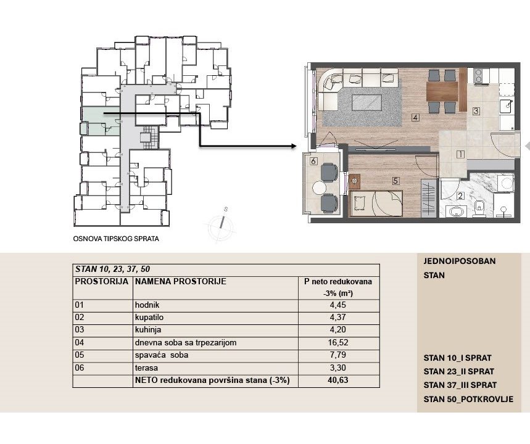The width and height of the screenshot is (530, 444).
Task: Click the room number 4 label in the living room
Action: pos(415,117)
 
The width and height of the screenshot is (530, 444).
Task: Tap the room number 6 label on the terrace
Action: pos(313,161)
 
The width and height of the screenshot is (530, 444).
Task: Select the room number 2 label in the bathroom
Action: pos(460,195)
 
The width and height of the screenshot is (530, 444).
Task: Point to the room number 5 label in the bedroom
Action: pos(396,181)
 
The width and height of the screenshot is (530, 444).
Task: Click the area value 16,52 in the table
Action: pos(338,342)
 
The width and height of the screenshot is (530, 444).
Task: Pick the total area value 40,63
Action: pos(338,380)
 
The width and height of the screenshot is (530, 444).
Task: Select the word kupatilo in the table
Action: pos(149,318)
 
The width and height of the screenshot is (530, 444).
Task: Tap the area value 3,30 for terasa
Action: pos(338,368)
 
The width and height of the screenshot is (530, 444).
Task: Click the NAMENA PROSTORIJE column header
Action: pos(181,281)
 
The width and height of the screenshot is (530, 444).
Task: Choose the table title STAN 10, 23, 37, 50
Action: pos(112,269)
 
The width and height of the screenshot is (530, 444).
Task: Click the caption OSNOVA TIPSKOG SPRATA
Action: pos(116,239)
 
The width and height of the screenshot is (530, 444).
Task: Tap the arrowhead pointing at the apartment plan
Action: pos(294,146)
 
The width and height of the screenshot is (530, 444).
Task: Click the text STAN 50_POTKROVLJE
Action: pos(468,399)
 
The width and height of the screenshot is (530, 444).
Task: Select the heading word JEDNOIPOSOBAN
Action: pos(460,261)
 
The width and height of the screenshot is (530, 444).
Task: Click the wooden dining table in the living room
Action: pos(442,91)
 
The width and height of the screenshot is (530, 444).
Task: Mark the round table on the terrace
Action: pos(319,187)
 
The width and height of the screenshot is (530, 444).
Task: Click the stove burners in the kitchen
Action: pos(478,76)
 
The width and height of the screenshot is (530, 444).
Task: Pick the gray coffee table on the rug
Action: pos(366,102)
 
